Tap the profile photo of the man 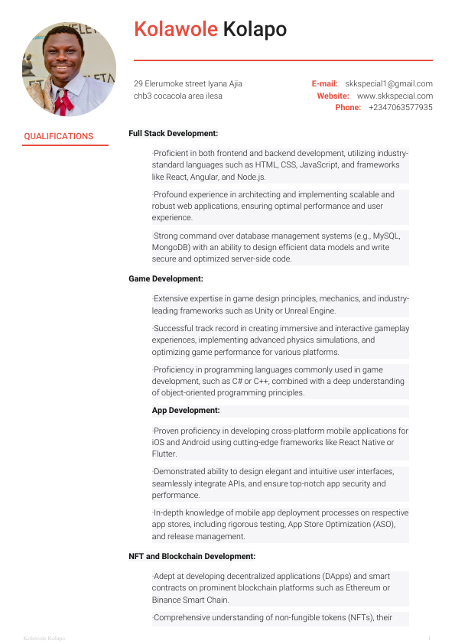point(70,68)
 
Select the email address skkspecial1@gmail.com point(388,83)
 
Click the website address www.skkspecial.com point(395,96)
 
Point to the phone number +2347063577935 point(400,108)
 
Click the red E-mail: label point(324,83)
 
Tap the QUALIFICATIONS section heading point(58,136)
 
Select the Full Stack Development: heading point(174,133)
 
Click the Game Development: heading point(166,279)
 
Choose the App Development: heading point(186,410)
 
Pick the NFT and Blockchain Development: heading point(192,556)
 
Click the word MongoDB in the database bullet point(171,247)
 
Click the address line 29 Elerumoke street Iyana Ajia point(188,83)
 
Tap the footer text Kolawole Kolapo point(44,638)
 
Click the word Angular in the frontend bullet point(193,177)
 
